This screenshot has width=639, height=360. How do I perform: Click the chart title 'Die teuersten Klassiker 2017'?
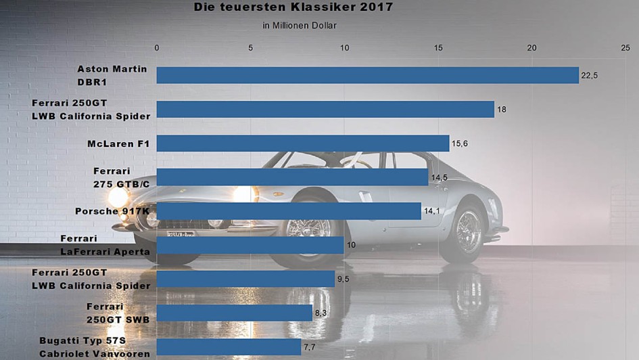pyautogui.click(x=293, y=8)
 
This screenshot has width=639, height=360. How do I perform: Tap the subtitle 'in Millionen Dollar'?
pyautogui.click(x=300, y=26)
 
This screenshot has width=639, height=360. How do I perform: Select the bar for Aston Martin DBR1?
pyautogui.click(x=367, y=75)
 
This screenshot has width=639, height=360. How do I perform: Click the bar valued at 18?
pyautogui.click(x=325, y=109)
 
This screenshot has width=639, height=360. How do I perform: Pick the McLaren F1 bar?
pyautogui.click(x=302, y=143)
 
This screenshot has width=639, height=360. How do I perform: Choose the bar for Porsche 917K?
pyautogui.click(x=289, y=211)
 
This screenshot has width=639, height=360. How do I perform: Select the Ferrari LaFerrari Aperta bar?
pyautogui.click(x=250, y=245)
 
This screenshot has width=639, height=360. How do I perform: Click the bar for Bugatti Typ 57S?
pyautogui.click(x=229, y=346)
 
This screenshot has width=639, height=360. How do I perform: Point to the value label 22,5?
pyautogui.click(x=590, y=75)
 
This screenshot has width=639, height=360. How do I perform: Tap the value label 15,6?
pyautogui.click(x=460, y=143)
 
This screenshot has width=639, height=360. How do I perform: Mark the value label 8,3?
pyautogui.click(x=323, y=313)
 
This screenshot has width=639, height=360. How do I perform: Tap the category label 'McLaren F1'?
pyautogui.click(x=118, y=143)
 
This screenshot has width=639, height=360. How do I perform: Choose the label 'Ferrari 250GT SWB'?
pyautogui.click(x=118, y=313)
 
